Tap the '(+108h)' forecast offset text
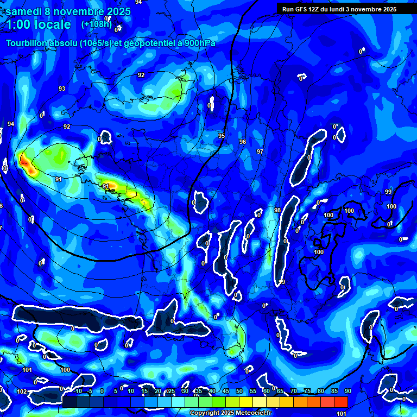pyautogui.click(x=97, y=24)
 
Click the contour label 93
pyautogui.click(x=62, y=89)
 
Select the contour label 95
pyautogui.click(x=222, y=136)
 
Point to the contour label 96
pyautogui.click(x=243, y=142)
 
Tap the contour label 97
pyautogui.click(x=260, y=151)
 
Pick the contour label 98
pyautogui.click(x=277, y=210)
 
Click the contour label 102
pyautogui.click(x=22, y=391)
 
